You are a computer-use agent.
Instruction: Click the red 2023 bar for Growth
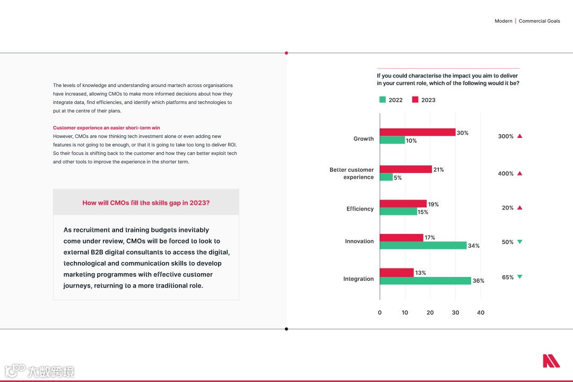click(418, 132)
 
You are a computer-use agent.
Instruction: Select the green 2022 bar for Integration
click(426, 281)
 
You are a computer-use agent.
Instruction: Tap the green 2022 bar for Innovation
click(423, 246)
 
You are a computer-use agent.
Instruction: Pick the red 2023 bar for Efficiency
click(403, 204)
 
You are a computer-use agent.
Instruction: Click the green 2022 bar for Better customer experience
click(386, 177)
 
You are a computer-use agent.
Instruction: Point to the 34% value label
click(473, 246)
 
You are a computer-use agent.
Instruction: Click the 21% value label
click(438, 170)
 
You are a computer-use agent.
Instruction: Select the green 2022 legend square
click(383, 100)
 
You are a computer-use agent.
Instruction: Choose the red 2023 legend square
click(415, 100)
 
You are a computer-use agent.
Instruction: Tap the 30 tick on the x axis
click(455, 312)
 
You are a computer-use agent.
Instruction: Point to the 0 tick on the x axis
click(379, 312)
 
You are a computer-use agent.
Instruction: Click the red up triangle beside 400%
click(519, 173)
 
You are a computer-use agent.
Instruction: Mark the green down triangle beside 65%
click(519, 277)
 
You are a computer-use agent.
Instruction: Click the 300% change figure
click(506, 136)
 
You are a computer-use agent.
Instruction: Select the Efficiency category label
click(360, 209)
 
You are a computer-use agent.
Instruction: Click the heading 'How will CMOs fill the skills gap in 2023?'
click(146, 203)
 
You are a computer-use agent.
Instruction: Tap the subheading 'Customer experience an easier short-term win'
click(106, 128)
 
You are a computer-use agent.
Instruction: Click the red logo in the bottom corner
click(551, 361)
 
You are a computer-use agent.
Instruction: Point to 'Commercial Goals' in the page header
click(539, 21)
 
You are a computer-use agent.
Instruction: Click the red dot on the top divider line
click(286, 53)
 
